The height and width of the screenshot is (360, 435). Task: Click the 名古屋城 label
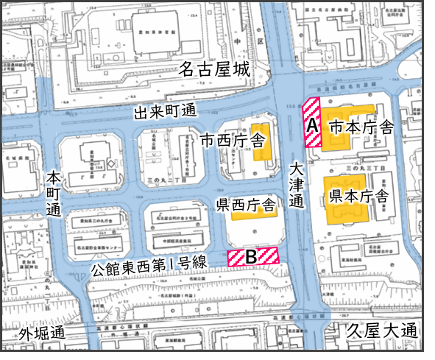coord(216,71)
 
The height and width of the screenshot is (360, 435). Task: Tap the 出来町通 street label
coord(166,113)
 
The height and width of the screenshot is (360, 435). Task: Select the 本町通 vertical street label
coord(54,194)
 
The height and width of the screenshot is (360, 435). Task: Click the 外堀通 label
coord(42,333)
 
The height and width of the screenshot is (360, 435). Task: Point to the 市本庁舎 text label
coord(361,127)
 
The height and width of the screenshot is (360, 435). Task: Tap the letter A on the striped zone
coord(312,125)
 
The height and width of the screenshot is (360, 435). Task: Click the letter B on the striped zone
coord(251,257)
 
